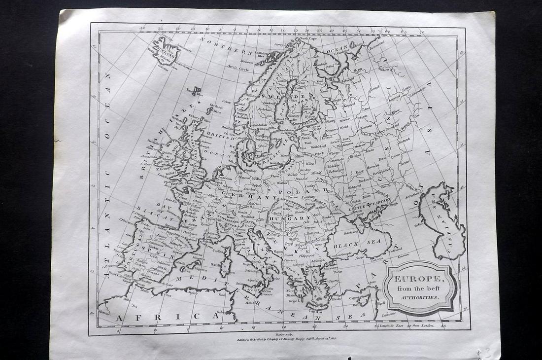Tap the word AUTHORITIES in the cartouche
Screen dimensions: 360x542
pos(420,298)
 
